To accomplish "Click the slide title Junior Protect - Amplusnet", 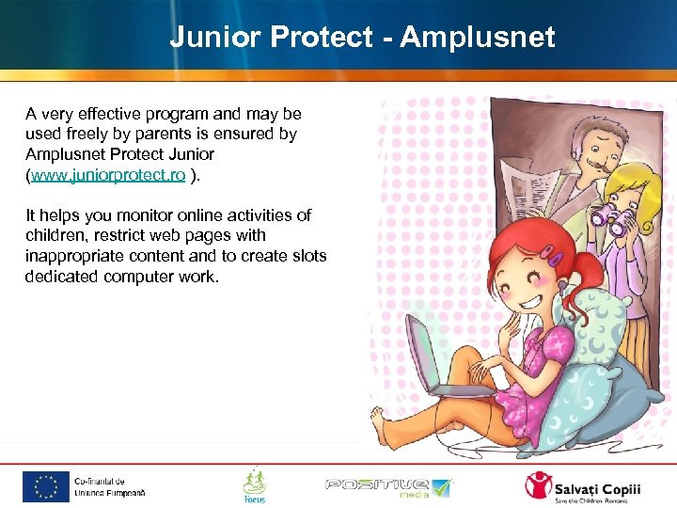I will (362, 37).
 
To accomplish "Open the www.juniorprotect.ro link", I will (108, 175).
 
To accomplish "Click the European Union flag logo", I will (46, 486).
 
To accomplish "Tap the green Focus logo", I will (254, 485).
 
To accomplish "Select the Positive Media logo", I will (388, 486).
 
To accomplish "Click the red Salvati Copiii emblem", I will (540, 486).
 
